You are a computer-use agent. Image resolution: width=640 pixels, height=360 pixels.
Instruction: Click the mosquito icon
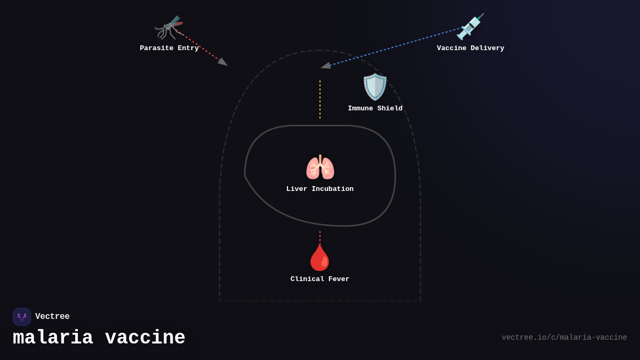coord(169,27)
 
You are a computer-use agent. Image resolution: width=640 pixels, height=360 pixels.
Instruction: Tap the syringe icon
coord(470,27)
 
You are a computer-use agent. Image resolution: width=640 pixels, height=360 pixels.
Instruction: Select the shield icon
coord(375,87)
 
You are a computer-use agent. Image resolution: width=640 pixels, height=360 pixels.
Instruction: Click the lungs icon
coord(320,167)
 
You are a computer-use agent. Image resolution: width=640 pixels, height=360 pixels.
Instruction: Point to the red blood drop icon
coord(319,258)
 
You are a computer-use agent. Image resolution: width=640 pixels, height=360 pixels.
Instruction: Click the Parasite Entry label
coord(169,49)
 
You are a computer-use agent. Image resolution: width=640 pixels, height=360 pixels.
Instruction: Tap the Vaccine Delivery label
coord(470,49)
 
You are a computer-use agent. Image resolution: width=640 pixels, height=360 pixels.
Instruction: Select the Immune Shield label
coord(375,109)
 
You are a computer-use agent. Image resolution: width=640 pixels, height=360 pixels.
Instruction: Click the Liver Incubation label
coord(320,189)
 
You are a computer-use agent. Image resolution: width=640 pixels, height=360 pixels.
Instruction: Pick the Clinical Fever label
coord(320,279)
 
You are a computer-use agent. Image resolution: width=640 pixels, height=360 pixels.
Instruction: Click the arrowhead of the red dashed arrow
coord(223,62)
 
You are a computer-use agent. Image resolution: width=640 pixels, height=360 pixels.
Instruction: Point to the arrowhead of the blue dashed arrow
coord(325,66)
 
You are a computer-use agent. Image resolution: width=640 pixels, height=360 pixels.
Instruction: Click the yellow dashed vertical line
coord(320,99)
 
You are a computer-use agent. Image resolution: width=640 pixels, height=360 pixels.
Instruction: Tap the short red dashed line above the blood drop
coord(320,236)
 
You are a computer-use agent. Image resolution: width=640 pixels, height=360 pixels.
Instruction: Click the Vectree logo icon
coord(22,317)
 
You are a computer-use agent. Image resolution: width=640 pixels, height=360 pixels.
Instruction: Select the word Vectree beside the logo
coord(52,317)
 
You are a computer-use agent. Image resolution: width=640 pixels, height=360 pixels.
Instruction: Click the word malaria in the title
coord(53,338)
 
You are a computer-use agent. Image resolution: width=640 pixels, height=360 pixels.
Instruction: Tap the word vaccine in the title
coord(145,338)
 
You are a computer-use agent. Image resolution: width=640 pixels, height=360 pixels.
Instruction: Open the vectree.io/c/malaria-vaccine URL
coord(564,338)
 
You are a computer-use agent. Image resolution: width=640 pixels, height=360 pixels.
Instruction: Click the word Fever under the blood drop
coord(337,279)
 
